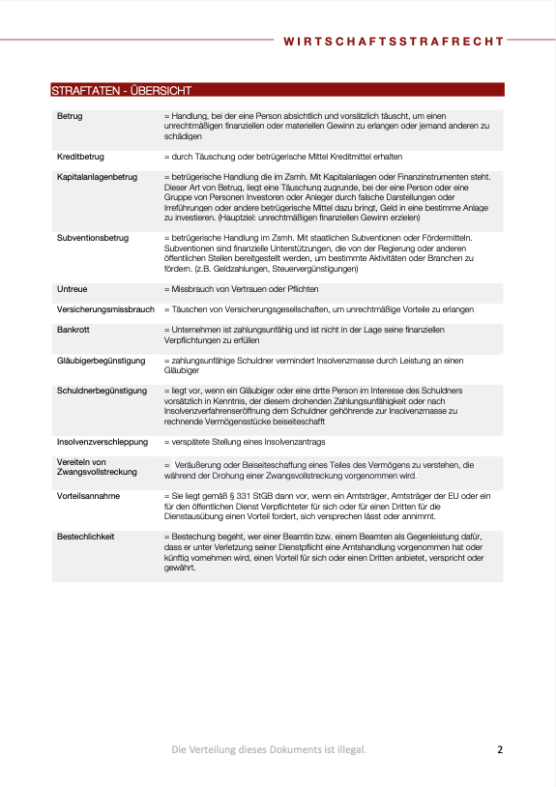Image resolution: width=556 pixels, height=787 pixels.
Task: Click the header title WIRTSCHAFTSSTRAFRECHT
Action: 394,42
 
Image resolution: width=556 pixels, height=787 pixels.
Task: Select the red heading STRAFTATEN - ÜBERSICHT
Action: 121,91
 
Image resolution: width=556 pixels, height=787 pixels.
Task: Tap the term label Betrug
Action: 70,116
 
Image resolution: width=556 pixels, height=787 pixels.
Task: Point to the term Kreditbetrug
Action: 81,156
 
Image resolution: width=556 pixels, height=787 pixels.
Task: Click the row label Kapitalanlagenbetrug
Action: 97,177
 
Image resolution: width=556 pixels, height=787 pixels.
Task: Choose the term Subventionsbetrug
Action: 93,236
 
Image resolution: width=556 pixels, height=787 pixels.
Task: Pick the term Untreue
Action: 73,289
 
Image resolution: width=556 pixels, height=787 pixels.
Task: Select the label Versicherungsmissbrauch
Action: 105,309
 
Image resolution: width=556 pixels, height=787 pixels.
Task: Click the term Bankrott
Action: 73,330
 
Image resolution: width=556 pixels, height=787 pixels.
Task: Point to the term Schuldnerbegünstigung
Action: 102,391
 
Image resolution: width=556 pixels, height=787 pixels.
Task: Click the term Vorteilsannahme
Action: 88,494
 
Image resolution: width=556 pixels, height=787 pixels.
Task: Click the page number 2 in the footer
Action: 500,749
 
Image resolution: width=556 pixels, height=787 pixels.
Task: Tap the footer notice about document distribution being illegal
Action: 269,749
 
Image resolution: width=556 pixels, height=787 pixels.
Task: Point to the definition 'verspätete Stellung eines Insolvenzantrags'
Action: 248,441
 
